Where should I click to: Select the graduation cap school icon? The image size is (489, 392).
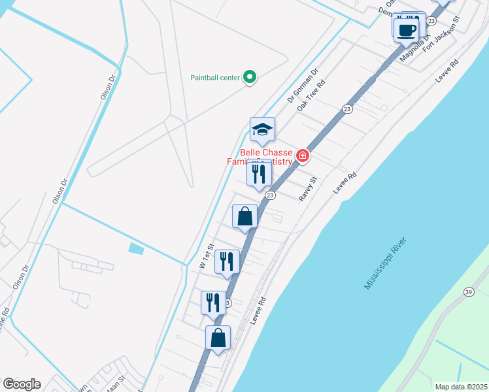pyautogui.click(x=262, y=129)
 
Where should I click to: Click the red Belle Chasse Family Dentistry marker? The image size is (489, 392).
pyautogui.click(x=302, y=155)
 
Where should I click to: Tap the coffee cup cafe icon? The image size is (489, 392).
pyautogui.click(x=407, y=29)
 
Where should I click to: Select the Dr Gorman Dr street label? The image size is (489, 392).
pyautogui.click(x=303, y=86)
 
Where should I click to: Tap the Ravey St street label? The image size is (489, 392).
pyautogui.click(x=308, y=189)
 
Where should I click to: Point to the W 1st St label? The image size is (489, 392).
pyautogui.click(x=207, y=257)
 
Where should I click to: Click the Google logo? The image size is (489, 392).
pyautogui.click(x=21, y=384)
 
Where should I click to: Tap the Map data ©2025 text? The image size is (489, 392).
pyautogui.click(x=460, y=387)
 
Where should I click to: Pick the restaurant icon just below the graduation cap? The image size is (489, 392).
pyautogui.click(x=259, y=174)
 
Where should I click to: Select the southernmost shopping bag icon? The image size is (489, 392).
pyautogui.click(x=218, y=338)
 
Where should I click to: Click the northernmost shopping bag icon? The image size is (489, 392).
pyautogui.click(x=244, y=216)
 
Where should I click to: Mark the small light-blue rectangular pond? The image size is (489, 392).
pyautogui.click(x=137, y=248)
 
